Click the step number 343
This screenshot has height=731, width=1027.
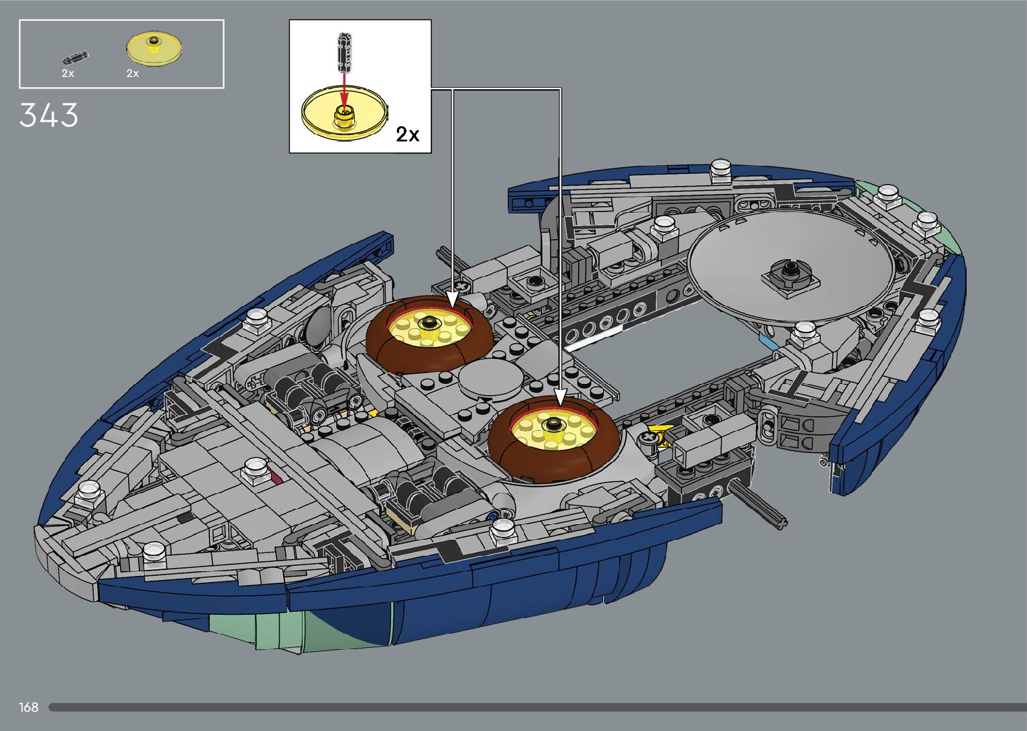click(48, 115)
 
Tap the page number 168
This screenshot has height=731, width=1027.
click(28, 707)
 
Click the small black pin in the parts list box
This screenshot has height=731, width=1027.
click(75, 58)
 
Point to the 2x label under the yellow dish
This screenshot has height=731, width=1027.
click(133, 73)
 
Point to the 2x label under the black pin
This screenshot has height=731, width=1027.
click(68, 73)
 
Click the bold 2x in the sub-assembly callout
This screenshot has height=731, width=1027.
click(408, 134)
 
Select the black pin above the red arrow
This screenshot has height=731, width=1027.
click(344, 52)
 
